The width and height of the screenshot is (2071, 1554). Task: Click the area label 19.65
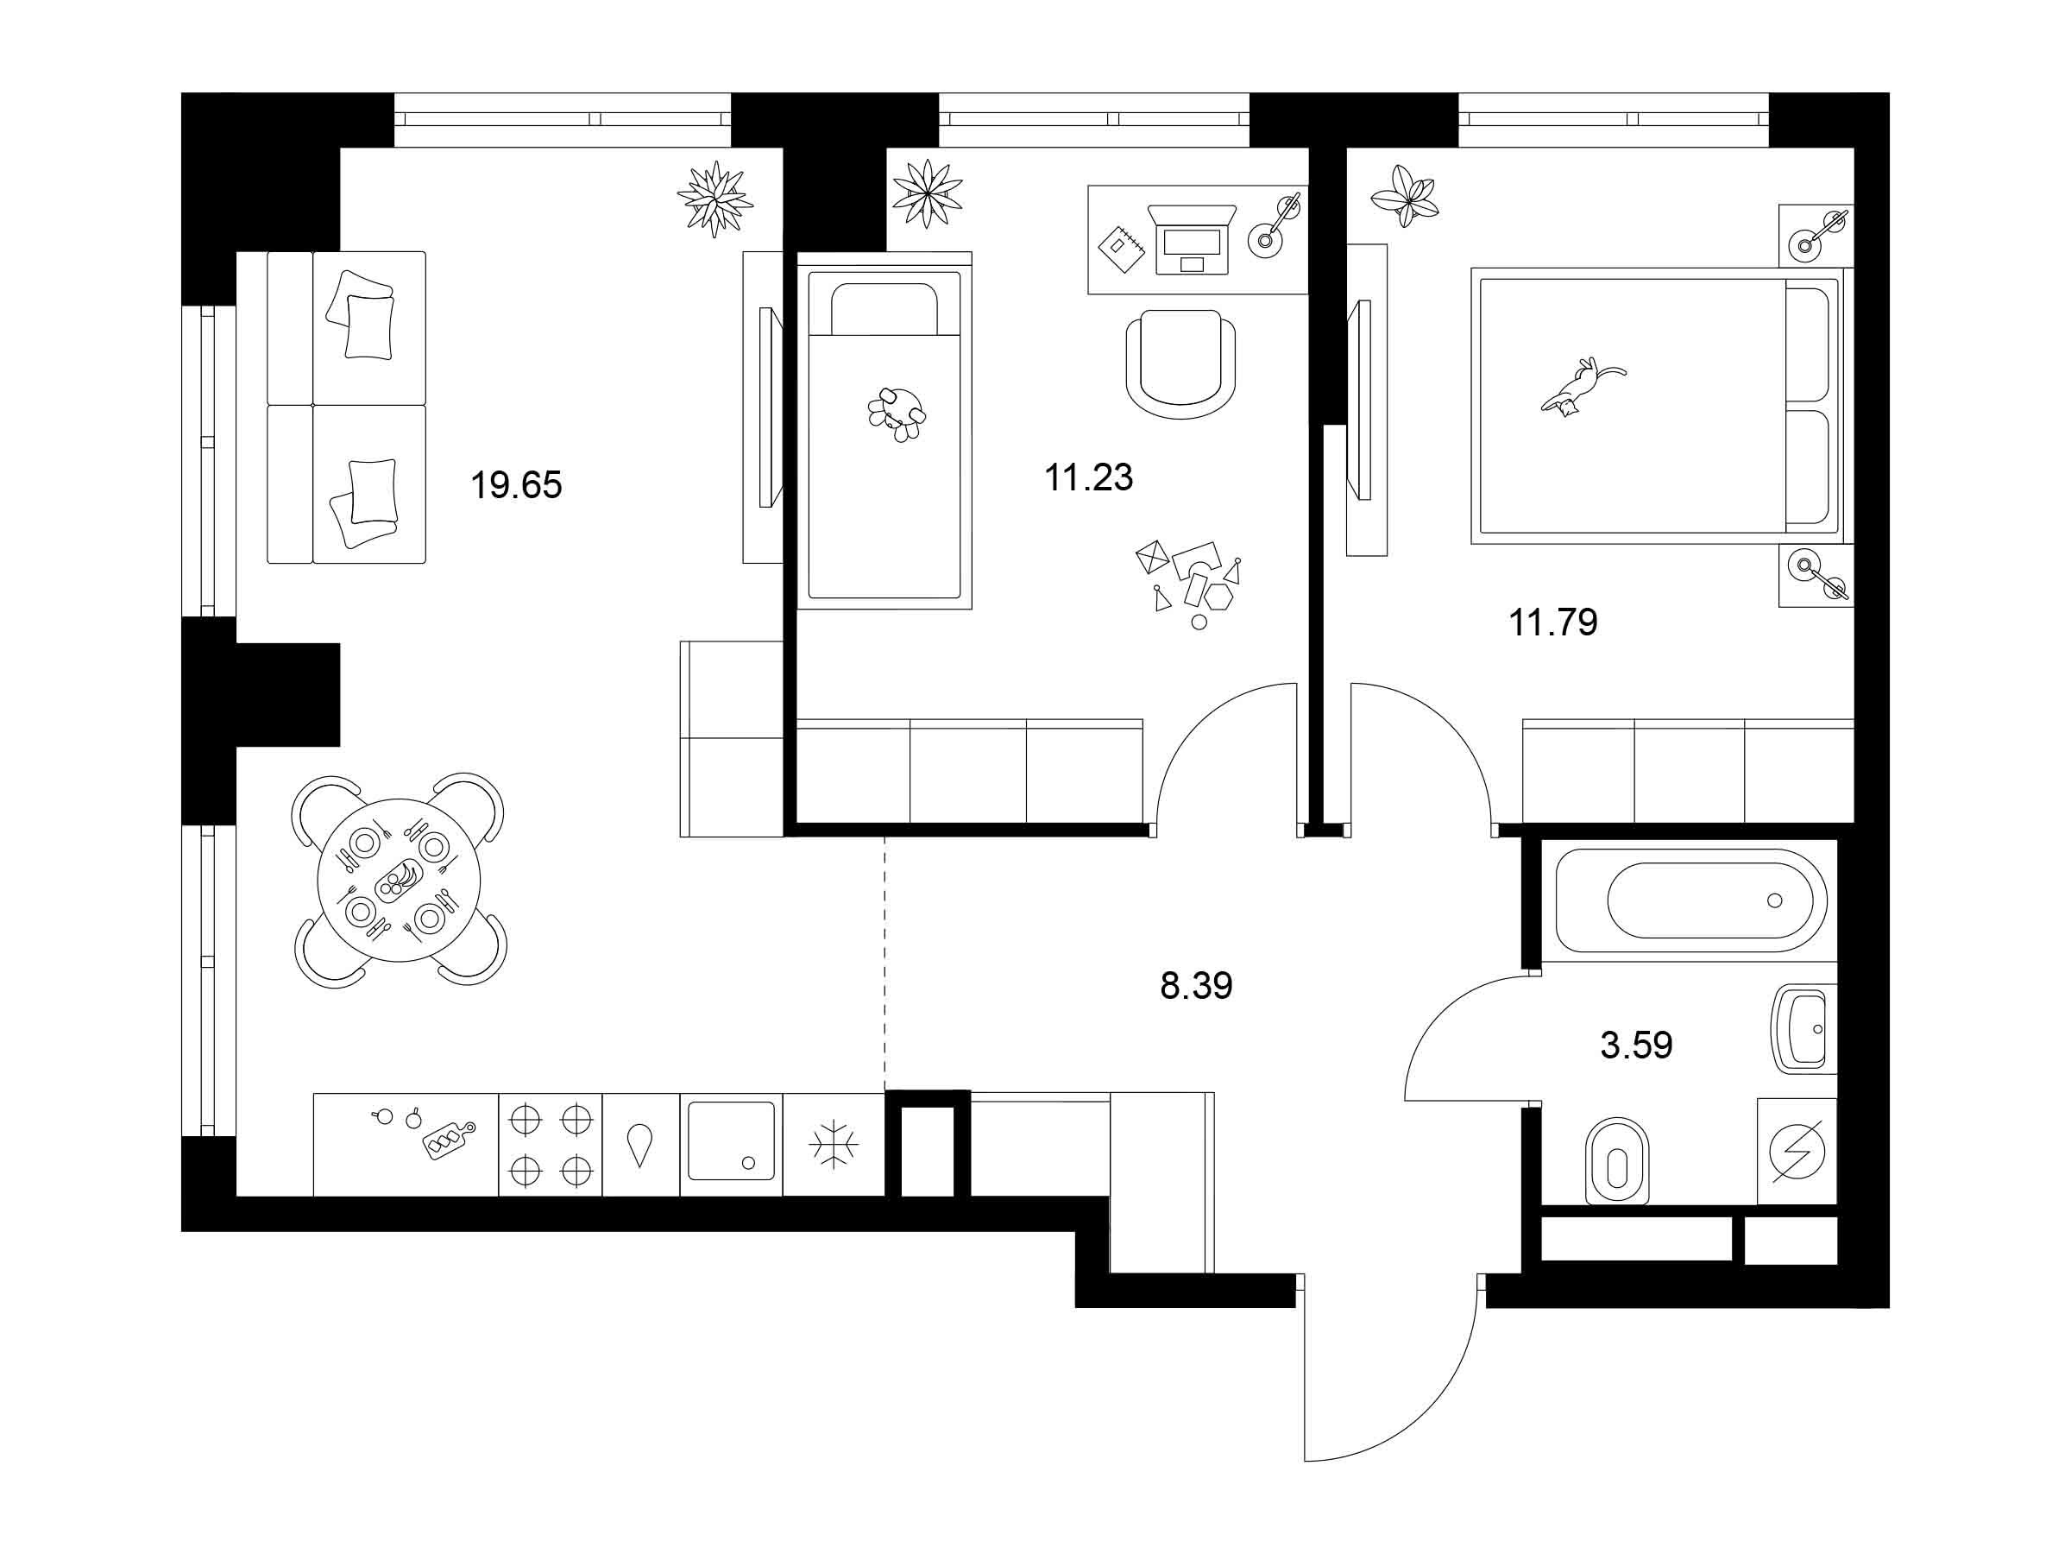[x=516, y=485]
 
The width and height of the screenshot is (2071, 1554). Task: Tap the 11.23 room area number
[x=1089, y=477]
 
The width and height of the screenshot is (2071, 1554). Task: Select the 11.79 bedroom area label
[x=1553, y=622]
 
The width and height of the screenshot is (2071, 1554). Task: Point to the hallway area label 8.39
[x=1197, y=985]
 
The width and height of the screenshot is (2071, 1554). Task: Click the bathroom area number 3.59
[x=1637, y=1045]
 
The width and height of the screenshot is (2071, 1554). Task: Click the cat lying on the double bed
[x=1583, y=385]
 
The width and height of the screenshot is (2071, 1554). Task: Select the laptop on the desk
[x=1192, y=241]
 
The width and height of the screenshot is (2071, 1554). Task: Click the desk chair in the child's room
[x=1180, y=364]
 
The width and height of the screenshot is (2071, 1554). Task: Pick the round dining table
[x=399, y=881]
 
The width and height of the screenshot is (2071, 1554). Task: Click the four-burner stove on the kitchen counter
[x=551, y=1145]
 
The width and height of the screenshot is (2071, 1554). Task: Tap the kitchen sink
[x=731, y=1141]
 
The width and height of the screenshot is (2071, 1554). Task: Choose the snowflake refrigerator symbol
[x=834, y=1145]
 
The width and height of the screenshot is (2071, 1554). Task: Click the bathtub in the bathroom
[x=1690, y=900]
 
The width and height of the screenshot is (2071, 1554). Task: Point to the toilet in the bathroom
[x=1617, y=1161]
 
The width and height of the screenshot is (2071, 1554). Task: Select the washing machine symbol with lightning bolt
[x=1797, y=1151]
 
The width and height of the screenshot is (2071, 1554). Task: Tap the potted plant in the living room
[x=715, y=199]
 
